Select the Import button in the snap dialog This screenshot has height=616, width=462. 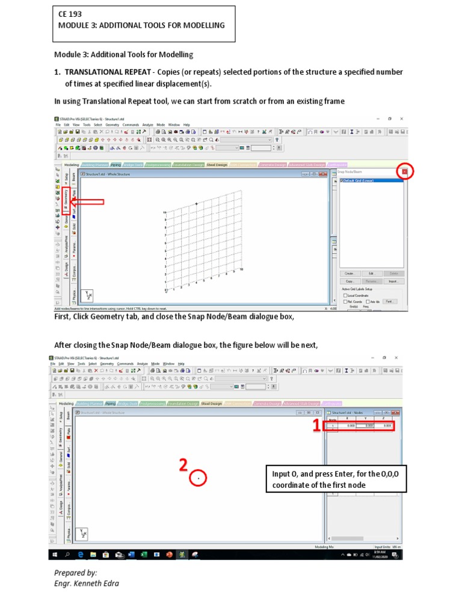tap(394, 281)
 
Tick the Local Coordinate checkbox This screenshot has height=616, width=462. tap(345, 295)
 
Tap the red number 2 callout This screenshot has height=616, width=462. tap(183, 465)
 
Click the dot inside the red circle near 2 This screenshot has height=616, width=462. tap(199, 478)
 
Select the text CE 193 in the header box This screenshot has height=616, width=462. tap(70, 13)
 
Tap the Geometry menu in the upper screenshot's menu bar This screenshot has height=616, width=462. tap(112, 125)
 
